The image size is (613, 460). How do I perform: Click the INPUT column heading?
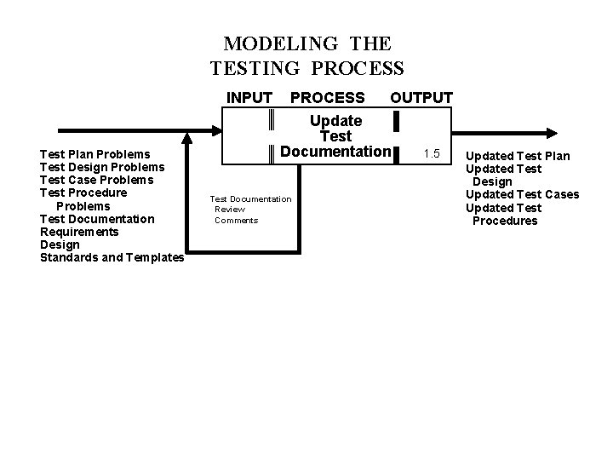tap(249, 98)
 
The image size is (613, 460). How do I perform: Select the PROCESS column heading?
tap(328, 98)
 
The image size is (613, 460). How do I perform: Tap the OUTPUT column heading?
tap(421, 98)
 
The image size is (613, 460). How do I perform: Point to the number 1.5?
tap(432, 153)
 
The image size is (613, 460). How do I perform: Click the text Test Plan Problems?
tap(95, 154)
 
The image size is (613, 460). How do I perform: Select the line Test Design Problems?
tap(102, 167)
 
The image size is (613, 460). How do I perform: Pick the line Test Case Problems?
tap(97, 180)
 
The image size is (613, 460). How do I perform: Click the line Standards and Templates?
tap(112, 257)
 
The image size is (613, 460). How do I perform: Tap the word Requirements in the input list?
tap(79, 232)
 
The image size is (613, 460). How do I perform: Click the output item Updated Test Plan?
tap(518, 156)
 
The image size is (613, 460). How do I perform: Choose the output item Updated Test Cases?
tap(522, 194)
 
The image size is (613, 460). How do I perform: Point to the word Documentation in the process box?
tap(335, 152)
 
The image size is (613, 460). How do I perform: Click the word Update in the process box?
tap(335, 121)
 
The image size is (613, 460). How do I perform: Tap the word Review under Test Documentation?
tap(230, 210)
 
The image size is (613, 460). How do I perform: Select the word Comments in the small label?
tap(236, 221)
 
